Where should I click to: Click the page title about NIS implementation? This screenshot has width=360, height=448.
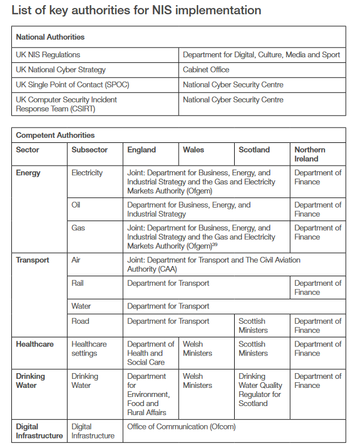[136, 10]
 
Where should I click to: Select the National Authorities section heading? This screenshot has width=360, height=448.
[50, 37]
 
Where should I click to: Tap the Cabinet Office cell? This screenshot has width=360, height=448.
[206, 70]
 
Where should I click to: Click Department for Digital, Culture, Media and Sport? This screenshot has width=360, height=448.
[261, 55]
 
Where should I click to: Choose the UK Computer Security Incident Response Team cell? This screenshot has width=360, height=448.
[66, 104]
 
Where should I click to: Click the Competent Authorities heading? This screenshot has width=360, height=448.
[55, 136]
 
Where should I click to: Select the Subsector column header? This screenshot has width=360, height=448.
[89, 150]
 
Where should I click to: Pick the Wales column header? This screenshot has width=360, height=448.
[194, 150]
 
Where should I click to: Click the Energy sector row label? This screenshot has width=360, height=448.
[28, 173]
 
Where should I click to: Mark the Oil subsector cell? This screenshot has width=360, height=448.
[76, 205]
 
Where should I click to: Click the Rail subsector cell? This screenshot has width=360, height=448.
[79, 283]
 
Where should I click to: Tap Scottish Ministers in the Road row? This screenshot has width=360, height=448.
[252, 326]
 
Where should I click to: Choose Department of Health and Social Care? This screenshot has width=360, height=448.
[150, 353]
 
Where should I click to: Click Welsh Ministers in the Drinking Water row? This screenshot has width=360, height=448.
[197, 381]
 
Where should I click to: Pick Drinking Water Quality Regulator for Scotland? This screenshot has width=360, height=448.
[260, 390]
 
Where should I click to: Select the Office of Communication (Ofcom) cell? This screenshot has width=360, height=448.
[181, 426]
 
